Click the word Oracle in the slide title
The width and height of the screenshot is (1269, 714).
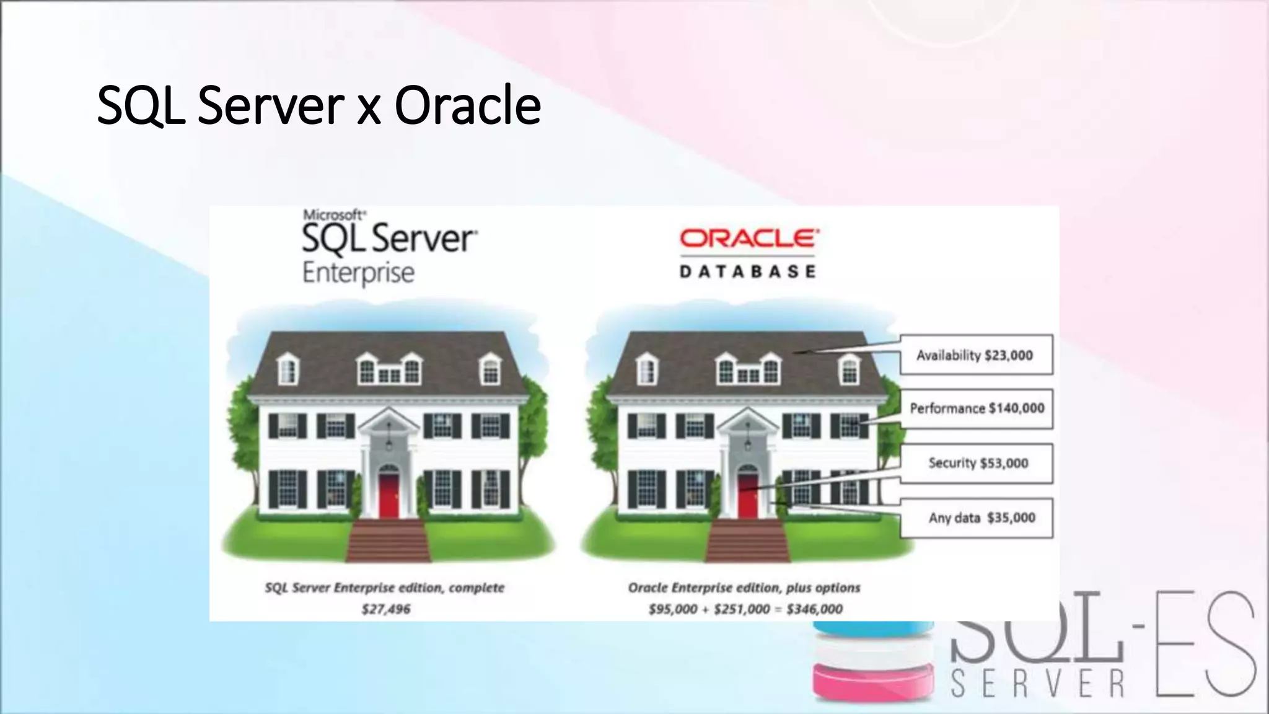(468, 105)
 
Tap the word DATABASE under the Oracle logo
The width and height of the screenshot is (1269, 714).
(748, 271)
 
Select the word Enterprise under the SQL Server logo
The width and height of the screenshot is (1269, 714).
(358, 273)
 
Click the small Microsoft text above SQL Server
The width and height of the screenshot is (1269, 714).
(334, 215)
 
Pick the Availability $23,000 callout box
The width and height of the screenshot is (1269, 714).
(975, 355)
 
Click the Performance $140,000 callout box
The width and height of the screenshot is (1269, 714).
(977, 408)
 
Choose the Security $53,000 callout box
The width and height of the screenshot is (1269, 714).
(977, 463)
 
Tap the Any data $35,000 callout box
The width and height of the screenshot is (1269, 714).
(977, 518)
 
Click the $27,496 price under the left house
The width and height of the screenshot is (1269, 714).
(386, 609)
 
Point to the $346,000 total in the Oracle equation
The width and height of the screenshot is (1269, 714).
(814, 609)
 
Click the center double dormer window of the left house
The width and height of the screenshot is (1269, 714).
(389, 371)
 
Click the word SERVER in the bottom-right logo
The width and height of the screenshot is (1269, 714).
(1038, 684)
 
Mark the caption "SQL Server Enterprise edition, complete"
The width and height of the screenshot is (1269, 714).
(385, 588)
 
